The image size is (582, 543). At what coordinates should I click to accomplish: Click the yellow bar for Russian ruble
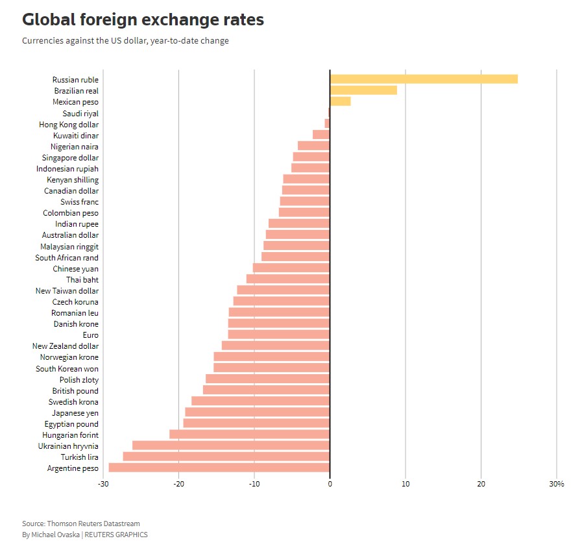pos(424,79)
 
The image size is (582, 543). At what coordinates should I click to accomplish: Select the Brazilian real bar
pos(363,90)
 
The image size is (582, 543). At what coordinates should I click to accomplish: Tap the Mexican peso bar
pos(340,101)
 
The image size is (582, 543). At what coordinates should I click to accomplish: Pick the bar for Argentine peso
pos(219,468)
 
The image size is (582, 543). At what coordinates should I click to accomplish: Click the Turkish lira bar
pos(226,457)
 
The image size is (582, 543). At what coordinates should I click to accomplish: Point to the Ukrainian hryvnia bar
pos(231,446)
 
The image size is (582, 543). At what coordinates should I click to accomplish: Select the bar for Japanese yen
pos(258,412)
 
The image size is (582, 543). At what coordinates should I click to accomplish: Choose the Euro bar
pos(279,335)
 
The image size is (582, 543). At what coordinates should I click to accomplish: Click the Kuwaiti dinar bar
pos(321,135)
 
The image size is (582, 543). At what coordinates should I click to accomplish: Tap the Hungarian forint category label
pos(70,435)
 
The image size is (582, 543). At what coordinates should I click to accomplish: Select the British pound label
pos(75,390)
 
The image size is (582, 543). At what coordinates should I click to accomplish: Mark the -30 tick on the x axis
pos(103,484)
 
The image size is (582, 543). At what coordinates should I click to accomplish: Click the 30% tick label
pos(557,484)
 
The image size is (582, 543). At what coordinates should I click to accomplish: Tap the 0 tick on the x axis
pos(330,484)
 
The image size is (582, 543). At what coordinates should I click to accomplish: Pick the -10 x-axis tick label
pos(254,484)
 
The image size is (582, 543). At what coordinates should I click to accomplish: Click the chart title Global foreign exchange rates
pos(143,20)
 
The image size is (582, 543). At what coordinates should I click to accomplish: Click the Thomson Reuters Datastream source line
pos(80,524)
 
